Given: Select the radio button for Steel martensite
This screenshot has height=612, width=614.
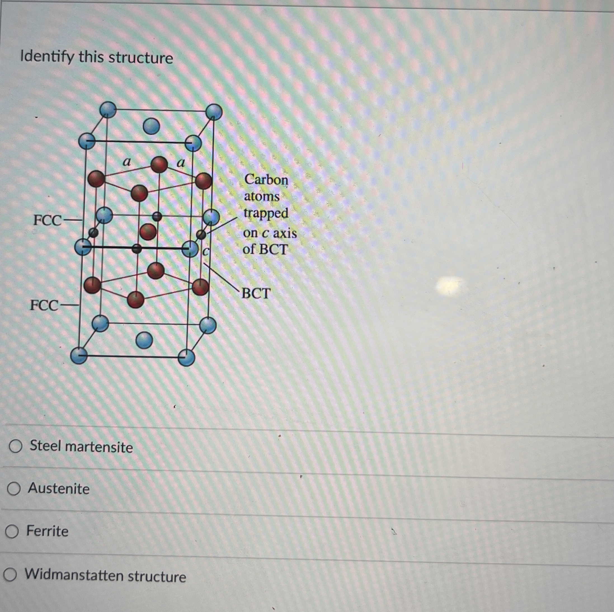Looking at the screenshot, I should [15, 446].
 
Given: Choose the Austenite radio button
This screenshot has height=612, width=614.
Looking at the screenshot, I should [14, 489].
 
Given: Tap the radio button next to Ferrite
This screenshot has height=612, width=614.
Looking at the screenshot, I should [12, 531].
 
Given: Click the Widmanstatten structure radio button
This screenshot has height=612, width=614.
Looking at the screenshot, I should [10, 575].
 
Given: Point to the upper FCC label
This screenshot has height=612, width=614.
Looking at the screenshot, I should [48, 220].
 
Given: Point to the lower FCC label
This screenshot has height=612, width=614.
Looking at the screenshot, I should [44, 305].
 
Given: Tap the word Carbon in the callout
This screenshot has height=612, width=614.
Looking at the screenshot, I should [266, 180].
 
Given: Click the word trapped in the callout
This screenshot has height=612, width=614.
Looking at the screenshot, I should [266, 213].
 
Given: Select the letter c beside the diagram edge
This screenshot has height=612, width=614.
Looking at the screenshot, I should [206, 252].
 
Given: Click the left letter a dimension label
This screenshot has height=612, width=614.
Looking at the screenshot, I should [127, 162].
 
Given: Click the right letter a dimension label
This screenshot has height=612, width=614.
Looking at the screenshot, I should [180, 163].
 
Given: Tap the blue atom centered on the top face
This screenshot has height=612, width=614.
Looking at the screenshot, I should [151, 126].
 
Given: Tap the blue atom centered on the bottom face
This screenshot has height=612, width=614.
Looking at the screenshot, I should [144, 340].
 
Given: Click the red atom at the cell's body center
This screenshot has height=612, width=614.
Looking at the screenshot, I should [148, 231].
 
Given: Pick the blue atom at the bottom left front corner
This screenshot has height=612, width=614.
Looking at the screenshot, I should [79, 355].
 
